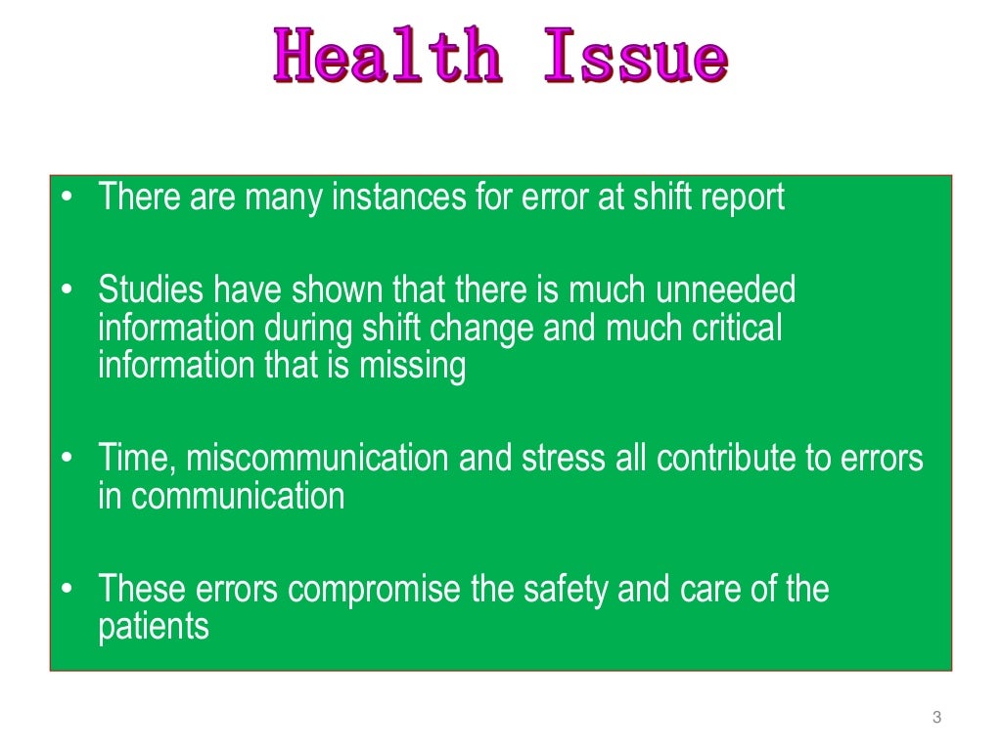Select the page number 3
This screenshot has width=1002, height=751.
tap(936, 719)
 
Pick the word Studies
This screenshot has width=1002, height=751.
tap(152, 290)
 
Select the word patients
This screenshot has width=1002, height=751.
tap(154, 627)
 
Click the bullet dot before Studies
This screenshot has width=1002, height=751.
tap(67, 290)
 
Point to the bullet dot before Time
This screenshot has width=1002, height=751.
tap(67, 458)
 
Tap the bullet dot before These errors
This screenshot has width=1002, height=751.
tap(67, 590)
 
